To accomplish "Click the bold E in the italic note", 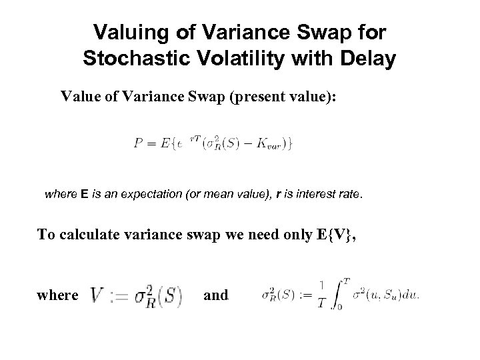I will point(84,195).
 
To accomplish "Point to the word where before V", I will point(57,295).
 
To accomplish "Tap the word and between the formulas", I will point(215,295).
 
